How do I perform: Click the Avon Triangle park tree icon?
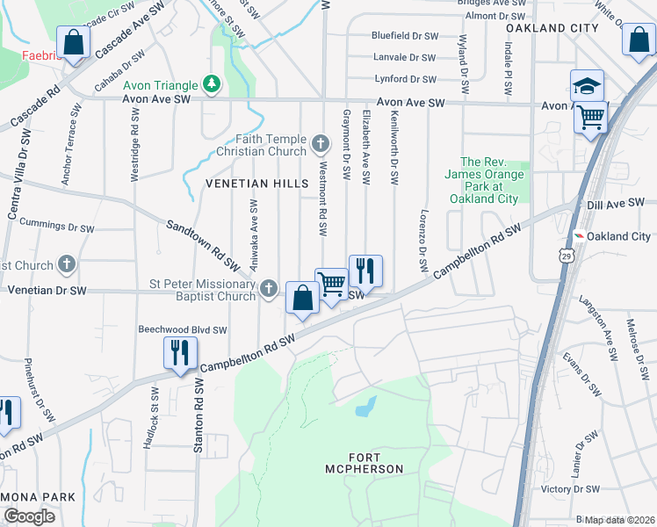211,84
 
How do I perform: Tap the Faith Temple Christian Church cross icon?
325,141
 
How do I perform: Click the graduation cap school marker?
587,85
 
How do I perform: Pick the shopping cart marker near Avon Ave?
592,116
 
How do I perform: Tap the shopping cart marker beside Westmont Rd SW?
331,284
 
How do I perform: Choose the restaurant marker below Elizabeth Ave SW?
365,271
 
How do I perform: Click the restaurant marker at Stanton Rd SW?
179,352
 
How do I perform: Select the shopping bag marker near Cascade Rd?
74,42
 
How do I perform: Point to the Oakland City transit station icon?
579,236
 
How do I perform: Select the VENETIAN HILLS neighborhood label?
256,184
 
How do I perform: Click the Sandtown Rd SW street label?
203,245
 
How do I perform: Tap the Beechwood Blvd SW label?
183,330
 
